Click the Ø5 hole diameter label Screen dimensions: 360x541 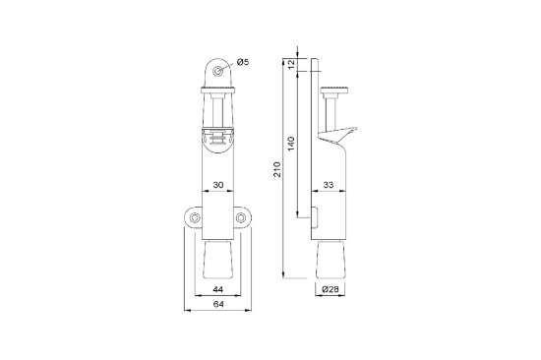(242, 64)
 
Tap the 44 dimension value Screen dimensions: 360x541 (219, 288)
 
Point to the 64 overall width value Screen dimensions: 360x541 (219, 307)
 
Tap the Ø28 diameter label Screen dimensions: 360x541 (331, 289)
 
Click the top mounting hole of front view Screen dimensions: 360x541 (219, 69)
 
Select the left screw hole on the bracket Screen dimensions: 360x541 (195, 216)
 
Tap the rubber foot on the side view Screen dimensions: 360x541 (332, 259)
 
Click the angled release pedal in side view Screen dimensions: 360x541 (342, 130)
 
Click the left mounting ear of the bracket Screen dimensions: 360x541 (194, 217)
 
